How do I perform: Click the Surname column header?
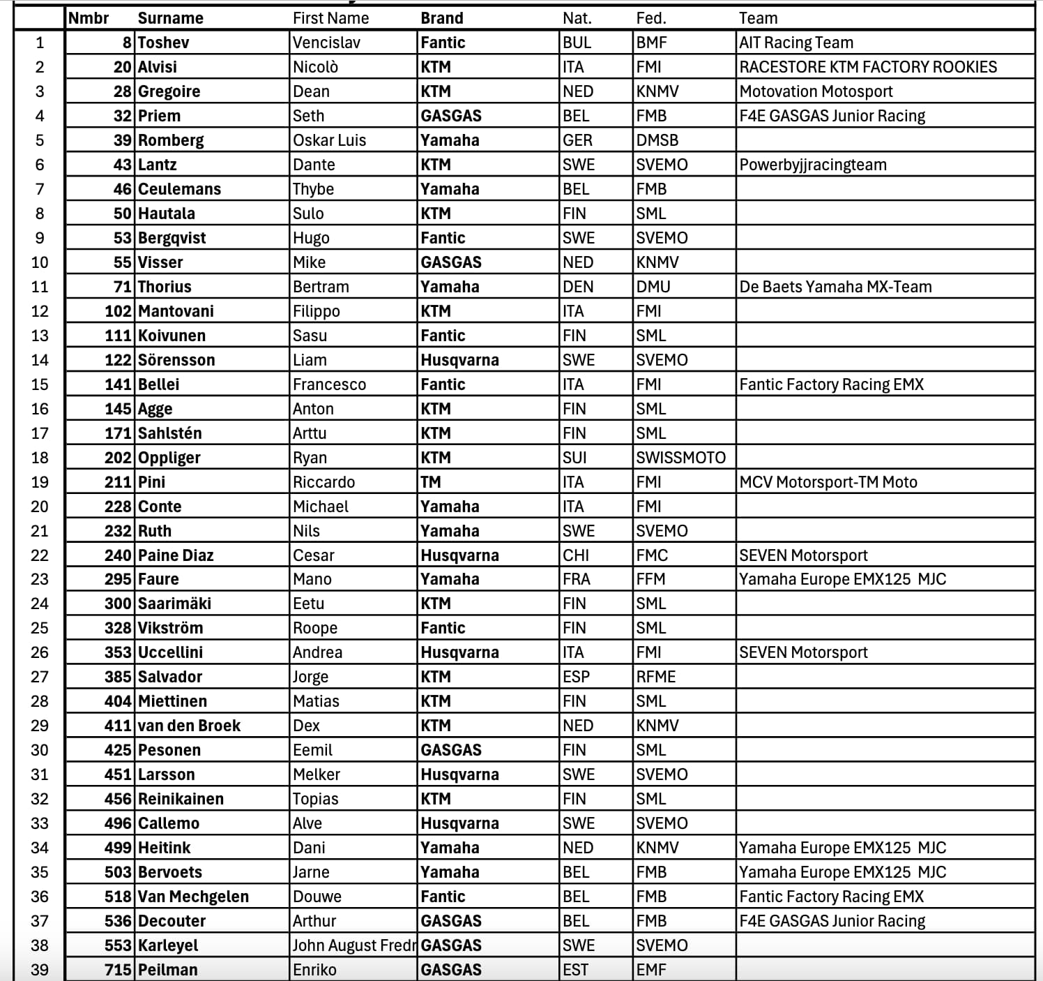(x=170, y=18)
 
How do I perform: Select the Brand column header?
(x=441, y=18)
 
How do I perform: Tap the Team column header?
(x=758, y=18)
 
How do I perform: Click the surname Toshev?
(x=163, y=43)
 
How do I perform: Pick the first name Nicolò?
(x=315, y=67)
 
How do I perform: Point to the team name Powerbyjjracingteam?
(x=813, y=165)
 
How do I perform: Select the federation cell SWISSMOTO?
(x=680, y=458)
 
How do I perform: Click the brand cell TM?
(x=431, y=482)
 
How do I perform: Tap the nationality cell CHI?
(x=576, y=555)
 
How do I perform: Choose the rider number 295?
(x=118, y=579)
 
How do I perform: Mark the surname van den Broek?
(x=189, y=726)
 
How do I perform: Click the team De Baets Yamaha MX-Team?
(x=835, y=287)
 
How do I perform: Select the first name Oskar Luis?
(x=329, y=140)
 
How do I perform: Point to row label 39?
(x=40, y=970)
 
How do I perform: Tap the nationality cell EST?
(x=575, y=970)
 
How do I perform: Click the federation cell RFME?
(x=655, y=677)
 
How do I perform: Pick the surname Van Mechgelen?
(x=193, y=897)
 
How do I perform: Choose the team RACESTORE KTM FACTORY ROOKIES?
(x=868, y=67)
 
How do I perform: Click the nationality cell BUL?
(x=577, y=43)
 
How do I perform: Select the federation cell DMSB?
(x=657, y=140)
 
